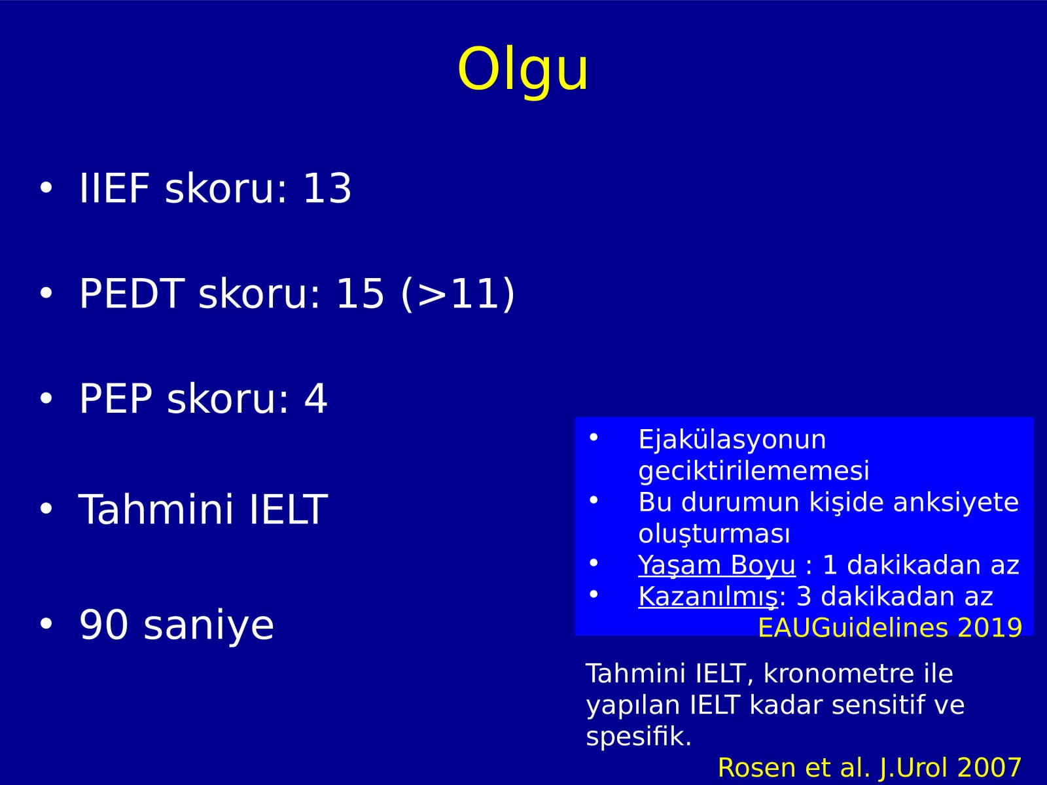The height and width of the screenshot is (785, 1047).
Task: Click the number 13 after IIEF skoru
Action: click(327, 188)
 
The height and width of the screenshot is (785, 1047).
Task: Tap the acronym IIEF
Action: click(115, 188)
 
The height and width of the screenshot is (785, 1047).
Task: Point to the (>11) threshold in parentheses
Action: click(458, 294)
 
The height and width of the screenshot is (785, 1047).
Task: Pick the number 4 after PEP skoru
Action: click(316, 398)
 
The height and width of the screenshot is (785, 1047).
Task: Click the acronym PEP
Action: click(116, 398)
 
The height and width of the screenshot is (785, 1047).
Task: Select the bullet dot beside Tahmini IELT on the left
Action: click(46, 508)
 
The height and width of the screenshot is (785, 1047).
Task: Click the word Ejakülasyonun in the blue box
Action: click(732, 440)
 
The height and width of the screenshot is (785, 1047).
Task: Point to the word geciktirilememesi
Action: click(754, 472)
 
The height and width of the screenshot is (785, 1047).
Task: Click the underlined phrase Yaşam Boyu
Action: click(717, 566)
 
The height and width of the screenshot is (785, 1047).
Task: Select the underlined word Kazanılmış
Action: click(708, 597)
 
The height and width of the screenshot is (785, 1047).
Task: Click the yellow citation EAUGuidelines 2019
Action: click(890, 628)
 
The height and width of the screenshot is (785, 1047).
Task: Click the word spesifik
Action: click(639, 737)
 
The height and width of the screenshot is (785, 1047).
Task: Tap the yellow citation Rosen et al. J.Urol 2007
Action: click(870, 768)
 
